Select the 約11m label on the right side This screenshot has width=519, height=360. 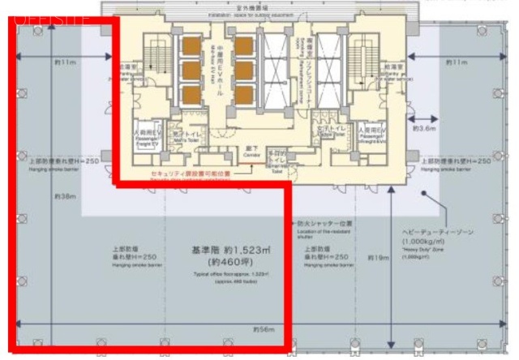pos(458,62)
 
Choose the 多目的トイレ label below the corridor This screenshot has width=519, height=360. pos(277,157)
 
